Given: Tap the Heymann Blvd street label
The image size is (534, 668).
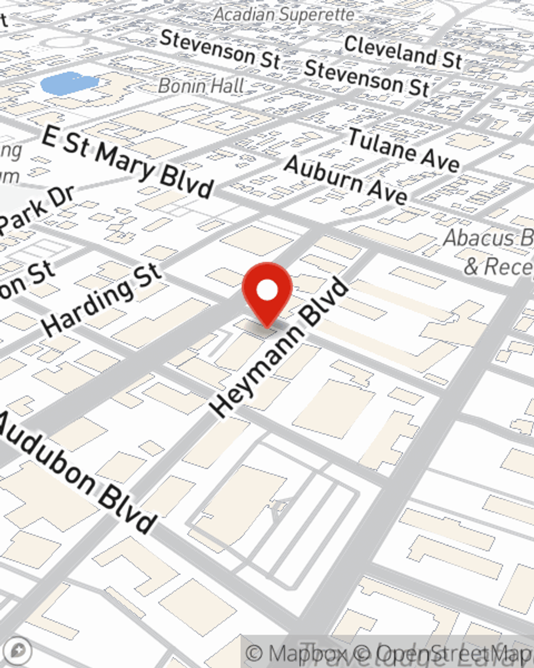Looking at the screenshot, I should (x=279, y=347).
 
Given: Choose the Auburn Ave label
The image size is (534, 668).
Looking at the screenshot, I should (x=346, y=180).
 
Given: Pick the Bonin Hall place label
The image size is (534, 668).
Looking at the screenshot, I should (x=201, y=86).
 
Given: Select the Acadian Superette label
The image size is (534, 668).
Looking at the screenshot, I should (x=284, y=14).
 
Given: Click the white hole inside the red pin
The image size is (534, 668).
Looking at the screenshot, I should (x=267, y=291).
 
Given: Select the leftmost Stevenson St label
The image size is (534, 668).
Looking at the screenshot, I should (x=220, y=49).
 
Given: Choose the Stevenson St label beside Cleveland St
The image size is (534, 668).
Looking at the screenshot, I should (x=366, y=77).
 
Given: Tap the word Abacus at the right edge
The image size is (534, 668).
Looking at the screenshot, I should (x=481, y=238).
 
